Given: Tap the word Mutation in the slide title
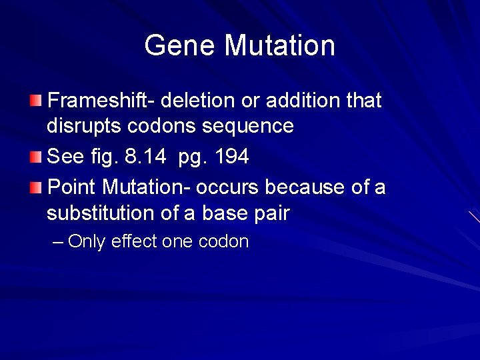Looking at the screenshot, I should pyautogui.click(x=279, y=46).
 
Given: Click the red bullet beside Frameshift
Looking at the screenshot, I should pyautogui.click(x=35, y=101).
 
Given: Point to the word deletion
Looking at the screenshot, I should pyautogui.click(x=199, y=101).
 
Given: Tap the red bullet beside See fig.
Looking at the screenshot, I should pyautogui.click(x=35, y=157).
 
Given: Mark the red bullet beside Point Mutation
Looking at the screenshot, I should pyautogui.click(x=35, y=187).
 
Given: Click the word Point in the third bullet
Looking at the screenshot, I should pyautogui.click(x=73, y=187).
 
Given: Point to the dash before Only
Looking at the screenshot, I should pyautogui.click(x=57, y=241).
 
